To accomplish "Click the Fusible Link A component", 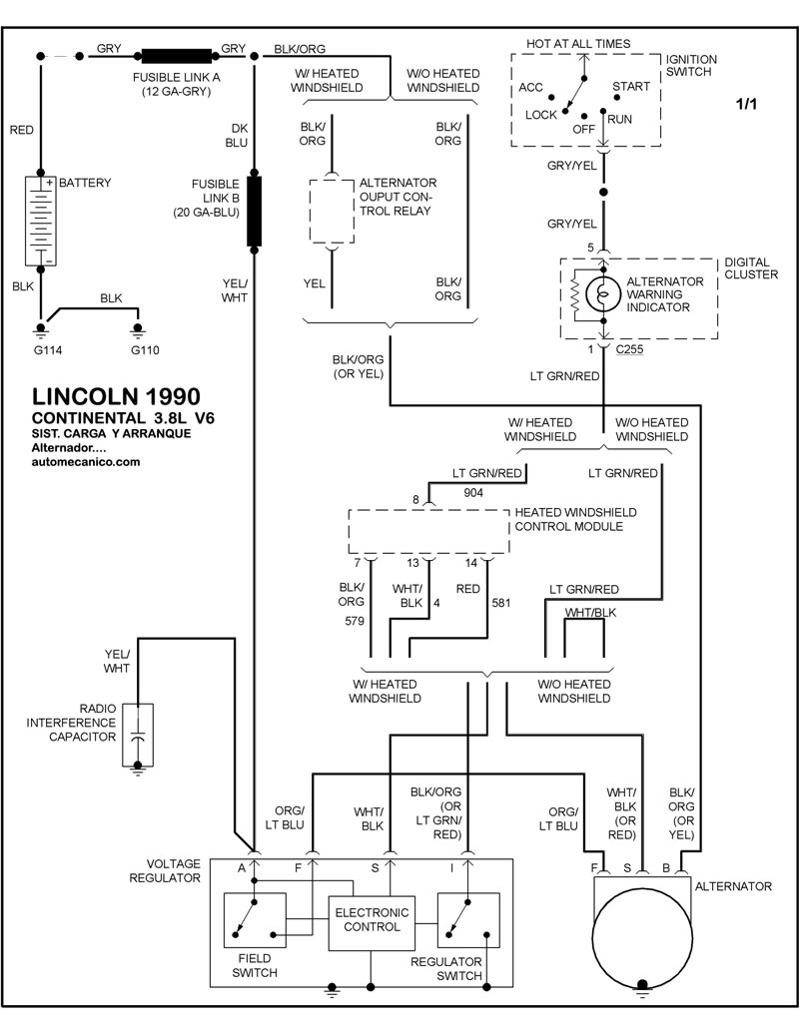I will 177,56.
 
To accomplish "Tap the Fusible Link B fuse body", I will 255,212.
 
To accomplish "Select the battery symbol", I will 41,221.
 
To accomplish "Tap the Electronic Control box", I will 371,920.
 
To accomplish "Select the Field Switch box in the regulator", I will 254,920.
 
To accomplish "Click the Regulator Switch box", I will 468,920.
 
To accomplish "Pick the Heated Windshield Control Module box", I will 428,531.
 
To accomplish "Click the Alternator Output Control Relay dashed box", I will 334,211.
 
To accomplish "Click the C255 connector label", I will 629,350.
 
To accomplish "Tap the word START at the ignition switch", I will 631,87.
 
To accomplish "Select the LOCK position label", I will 541,115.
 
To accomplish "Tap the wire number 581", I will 501,602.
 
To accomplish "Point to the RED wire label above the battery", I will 22,130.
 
